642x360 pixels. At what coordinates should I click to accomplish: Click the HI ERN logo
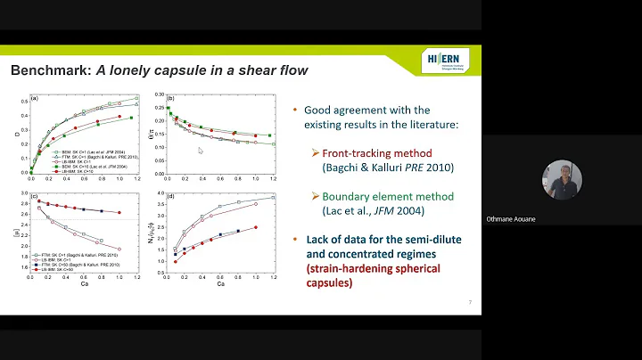point(444,61)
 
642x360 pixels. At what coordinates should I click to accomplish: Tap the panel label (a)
point(34,97)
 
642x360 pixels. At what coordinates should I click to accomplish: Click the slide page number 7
point(469,303)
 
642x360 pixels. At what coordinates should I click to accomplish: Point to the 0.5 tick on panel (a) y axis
point(24,103)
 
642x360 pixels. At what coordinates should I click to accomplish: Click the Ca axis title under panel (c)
point(85,290)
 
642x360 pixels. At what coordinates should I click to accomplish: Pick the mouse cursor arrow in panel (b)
point(201,151)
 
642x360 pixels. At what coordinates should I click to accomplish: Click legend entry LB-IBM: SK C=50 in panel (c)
point(62,270)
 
